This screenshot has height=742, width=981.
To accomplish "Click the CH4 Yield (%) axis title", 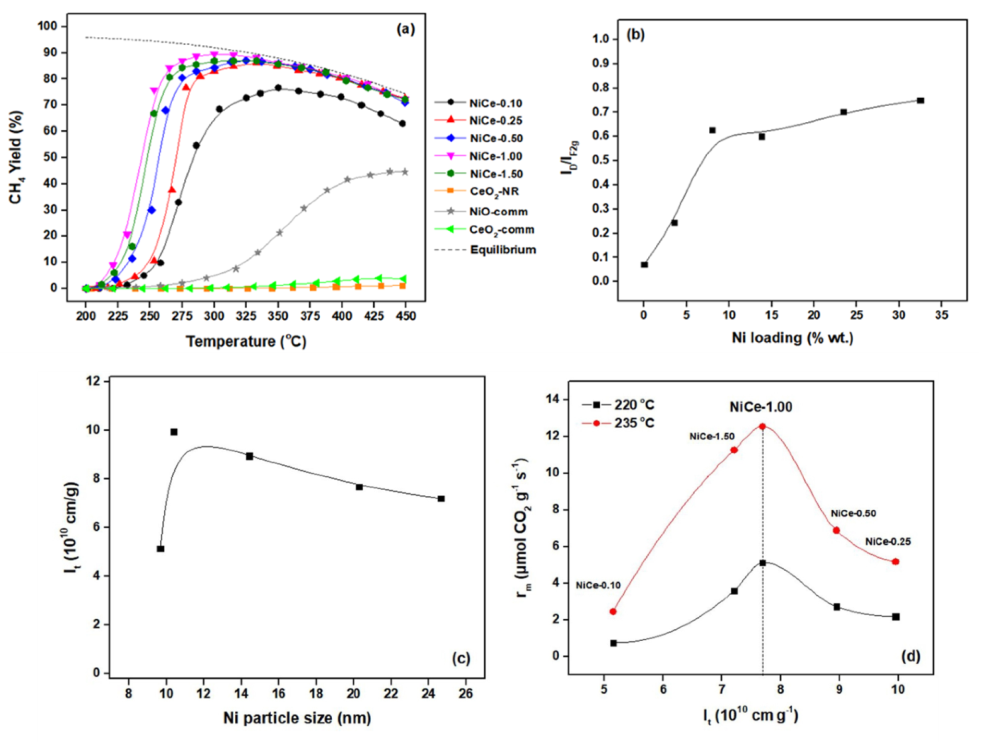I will [x=16, y=157].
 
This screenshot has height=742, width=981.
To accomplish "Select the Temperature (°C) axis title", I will [x=246, y=341].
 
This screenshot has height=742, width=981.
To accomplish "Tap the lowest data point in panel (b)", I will [x=644, y=265].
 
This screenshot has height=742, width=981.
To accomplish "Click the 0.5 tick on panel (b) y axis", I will [x=606, y=161].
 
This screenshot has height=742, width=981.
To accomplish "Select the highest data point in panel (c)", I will [x=174, y=432].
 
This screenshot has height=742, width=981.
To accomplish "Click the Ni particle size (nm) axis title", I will [x=297, y=718].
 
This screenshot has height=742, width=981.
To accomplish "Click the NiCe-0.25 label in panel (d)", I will [x=888, y=542].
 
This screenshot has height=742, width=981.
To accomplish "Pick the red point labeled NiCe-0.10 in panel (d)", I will [x=613, y=612].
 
